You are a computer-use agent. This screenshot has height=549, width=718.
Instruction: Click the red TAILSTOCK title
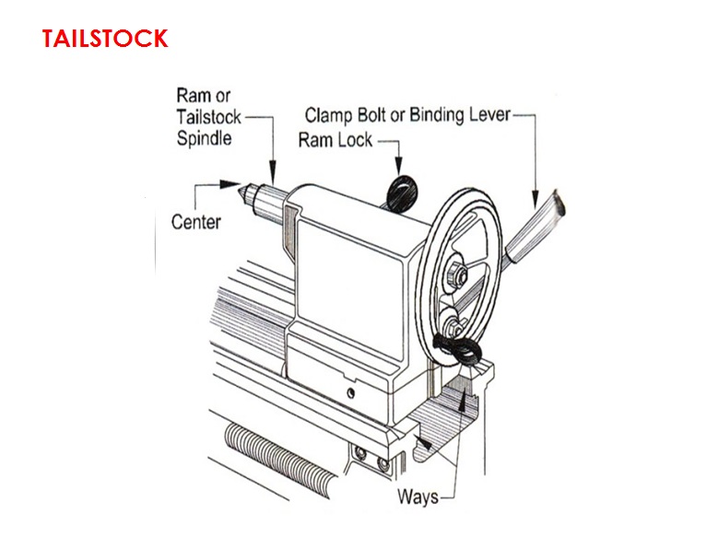click(x=105, y=39)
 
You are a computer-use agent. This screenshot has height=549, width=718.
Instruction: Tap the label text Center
click(x=195, y=221)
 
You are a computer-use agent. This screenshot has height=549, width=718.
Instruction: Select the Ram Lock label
click(x=335, y=140)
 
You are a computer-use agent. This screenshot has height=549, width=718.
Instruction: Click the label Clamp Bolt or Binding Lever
click(x=406, y=116)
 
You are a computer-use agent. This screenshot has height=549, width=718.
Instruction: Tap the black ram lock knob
click(x=401, y=190)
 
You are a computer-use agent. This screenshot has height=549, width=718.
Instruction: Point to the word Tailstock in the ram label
click(x=209, y=117)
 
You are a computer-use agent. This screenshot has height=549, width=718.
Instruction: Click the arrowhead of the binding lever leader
click(x=532, y=199)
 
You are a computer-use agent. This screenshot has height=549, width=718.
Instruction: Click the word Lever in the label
click(x=486, y=116)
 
